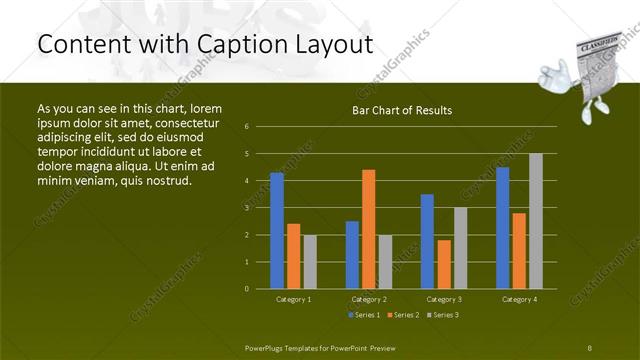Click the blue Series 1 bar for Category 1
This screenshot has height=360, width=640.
pos(277,230)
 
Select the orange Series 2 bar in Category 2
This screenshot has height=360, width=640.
pos(368,229)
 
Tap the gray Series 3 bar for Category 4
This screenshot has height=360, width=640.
pos(535,220)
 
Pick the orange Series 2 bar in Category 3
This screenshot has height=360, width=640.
pos(443,264)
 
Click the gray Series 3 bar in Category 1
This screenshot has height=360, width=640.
pos(310,261)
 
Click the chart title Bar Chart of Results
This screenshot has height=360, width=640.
pos(402,110)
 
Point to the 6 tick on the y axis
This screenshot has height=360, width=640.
pos(247,127)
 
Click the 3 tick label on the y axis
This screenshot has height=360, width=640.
pos(247,208)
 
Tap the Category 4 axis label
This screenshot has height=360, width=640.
pos(518,299)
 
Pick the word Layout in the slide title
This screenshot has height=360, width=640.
pos(334,44)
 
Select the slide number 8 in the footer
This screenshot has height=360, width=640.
pos(590,346)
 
